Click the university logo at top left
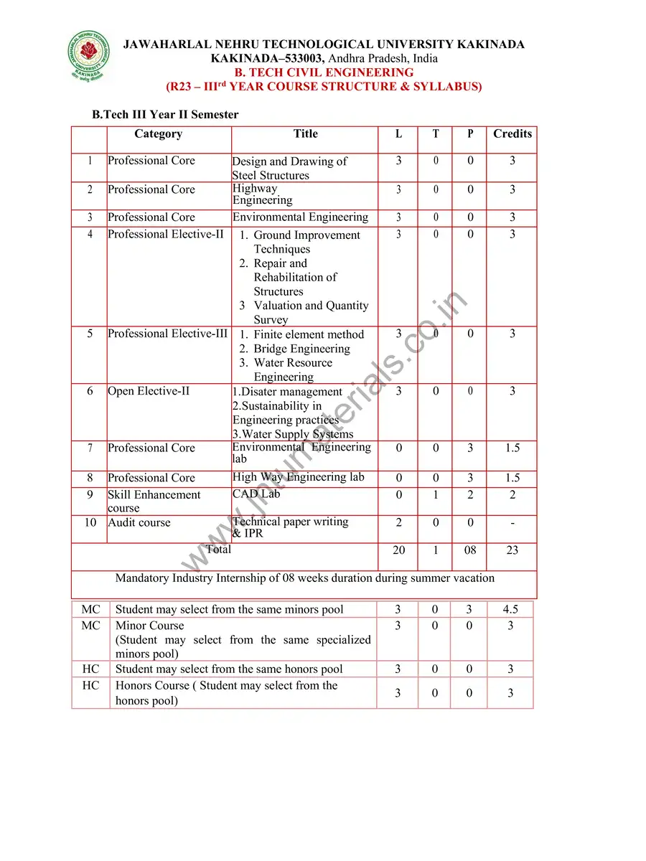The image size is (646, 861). pyautogui.click(x=90, y=55)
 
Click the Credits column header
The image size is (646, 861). pyautogui.click(x=512, y=134)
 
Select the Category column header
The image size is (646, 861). pyautogui.click(x=158, y=134)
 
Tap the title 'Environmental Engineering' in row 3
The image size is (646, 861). pyautogui.click(x=300, y=217)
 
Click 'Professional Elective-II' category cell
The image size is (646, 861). pyautogui.click(x=166, y=235)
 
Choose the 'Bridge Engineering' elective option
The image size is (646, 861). pyautogui.click(x=301, y=349)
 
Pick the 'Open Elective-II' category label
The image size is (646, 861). pyautogui.click(x=149, y=392)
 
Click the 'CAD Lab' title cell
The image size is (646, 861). pyautogui.click(x=256, y=494)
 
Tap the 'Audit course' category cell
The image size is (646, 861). pyautogui.click(x=139, y=522)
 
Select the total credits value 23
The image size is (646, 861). pyautogui.click(x=512, y=550)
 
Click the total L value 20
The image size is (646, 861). pyautogui.click(x=399, y=550)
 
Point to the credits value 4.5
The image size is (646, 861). pyautogui.click(x=510, y=610)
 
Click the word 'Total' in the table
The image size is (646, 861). pyautogui.click(x=218, y=550)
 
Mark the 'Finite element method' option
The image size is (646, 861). pyautogui.click(x=309, y=334)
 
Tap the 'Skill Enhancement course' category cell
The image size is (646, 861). pyautogui.click(x=154, y=501)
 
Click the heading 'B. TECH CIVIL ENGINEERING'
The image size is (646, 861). pyautogui.click(x=324, y=72)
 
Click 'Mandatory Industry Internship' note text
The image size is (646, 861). pyautogui.click(x=304, y=578)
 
